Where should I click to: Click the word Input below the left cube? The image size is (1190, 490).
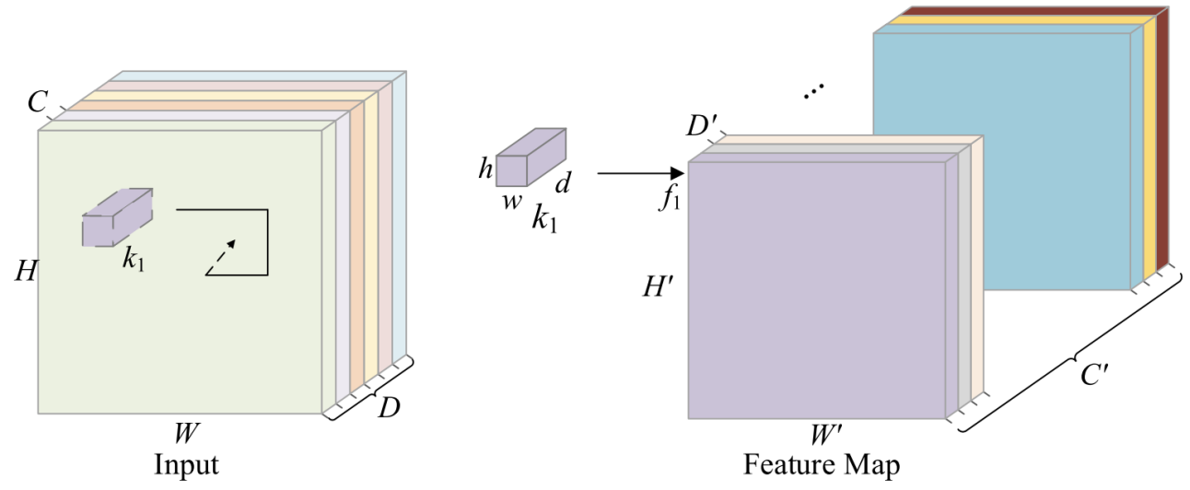click(186, 463)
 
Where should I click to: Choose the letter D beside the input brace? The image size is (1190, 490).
click(389, 405)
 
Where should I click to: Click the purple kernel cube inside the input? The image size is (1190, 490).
click(117, 217)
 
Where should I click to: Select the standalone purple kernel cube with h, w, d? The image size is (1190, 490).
click(531, 158)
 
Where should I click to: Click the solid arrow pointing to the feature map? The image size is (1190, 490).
click(640, 172)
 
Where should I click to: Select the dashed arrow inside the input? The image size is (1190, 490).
click(220, 257)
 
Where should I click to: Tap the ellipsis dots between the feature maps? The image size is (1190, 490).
click(813, 94)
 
